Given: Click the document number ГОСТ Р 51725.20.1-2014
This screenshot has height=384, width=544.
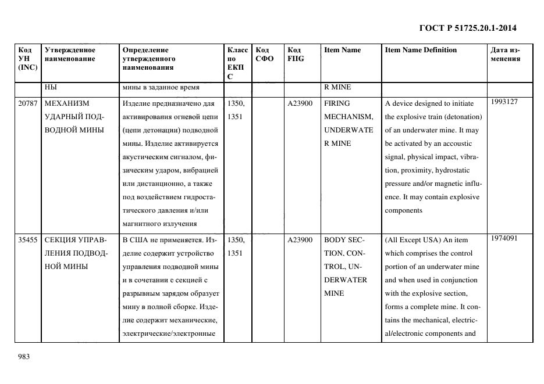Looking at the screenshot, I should point(468,27).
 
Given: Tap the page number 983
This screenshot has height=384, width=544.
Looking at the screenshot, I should point(24,356).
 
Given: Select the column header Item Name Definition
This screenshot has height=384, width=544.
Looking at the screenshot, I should point(421,50).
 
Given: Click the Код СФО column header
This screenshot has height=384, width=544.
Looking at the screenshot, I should point(264,54).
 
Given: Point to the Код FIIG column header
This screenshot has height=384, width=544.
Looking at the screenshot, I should point(296,54).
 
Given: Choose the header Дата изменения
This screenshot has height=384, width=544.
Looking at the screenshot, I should point(505,54).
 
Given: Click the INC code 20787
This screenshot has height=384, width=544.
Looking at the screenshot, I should point(28,103).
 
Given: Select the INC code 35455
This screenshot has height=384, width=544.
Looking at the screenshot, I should point(28,240).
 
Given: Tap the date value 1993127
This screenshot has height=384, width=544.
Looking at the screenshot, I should point(504,102).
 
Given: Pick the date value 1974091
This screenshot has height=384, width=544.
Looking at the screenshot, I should point(504,238).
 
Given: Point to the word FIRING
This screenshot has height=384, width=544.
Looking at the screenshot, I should point(337,103).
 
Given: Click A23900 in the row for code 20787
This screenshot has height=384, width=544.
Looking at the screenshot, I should point(300,103).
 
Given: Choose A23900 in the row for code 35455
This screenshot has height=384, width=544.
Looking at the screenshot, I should point(300,240).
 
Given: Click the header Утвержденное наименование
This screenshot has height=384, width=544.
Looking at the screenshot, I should point(70,54).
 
